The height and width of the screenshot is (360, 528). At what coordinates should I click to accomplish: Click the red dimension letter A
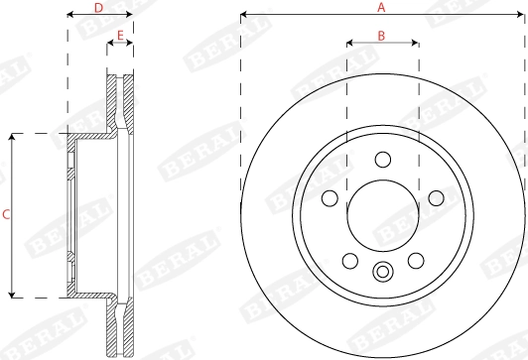pyautogui.click(x=381, y=7)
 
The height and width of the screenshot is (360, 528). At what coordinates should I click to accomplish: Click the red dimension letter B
pyautogui.click(x=381, y=36)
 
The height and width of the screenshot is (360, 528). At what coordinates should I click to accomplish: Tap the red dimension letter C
pyautogui.click(x=6, y=214)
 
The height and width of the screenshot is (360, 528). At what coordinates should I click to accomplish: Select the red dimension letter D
pyautogui.click(x=98, y=8)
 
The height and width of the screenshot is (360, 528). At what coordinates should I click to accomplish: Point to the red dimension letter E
pyautogui.click(x=120, y=35)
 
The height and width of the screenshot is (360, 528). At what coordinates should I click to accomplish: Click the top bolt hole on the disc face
pyautogui.click(x=383, y=160)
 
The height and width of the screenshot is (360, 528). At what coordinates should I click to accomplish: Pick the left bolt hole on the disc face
pyautogui.click(x=330, y=198)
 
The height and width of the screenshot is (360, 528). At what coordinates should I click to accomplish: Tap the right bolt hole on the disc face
pyautogui.click(x=436, y=198)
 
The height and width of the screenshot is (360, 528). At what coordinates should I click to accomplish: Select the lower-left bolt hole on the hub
pyautogui.click(x=350, y=261)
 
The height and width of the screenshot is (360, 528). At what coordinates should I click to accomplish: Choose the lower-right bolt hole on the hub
pyautogui.click(x=416, y=261)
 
